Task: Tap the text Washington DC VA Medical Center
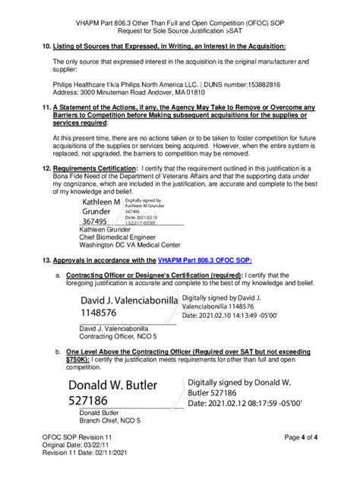pyautogui.click(x=130, y=245)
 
